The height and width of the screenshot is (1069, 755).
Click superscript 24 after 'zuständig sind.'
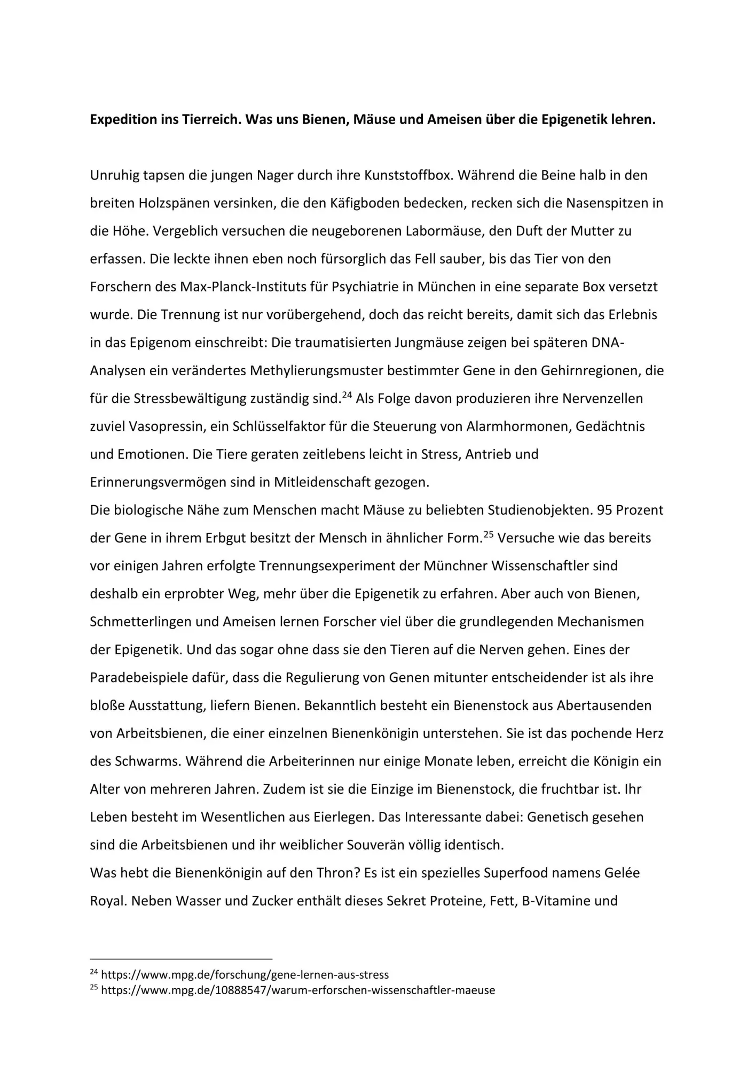pos(347,395)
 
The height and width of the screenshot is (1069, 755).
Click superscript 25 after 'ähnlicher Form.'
pos(489,534)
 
